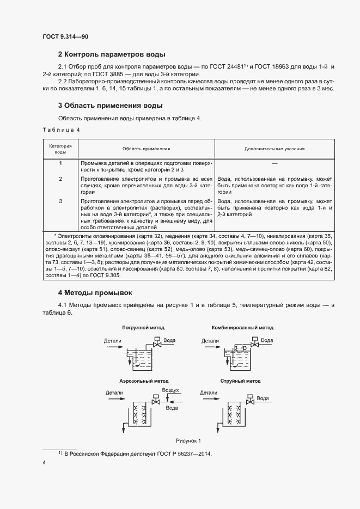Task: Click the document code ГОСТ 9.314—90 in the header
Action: pyautogui.click(x=65, y=36)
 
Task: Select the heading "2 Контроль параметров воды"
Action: pyautogui.click(x=112, y=54)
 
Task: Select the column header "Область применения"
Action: pyautogui.click(x=146, y=148)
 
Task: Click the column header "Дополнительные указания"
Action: pyautogui.click(x=274, y=148)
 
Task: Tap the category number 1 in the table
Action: pyautogui.click(x=60, y=163)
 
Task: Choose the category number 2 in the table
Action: pyautogui.click(x=60, y=179)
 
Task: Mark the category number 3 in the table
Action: pyautogui.click(x=60, y=201)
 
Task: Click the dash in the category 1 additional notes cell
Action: pyautogui.click(x=274, y=163)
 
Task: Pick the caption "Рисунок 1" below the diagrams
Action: pyautogui.click(x=188, y=440)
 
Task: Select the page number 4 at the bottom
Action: pyautogui.click(x=44, y=463)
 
